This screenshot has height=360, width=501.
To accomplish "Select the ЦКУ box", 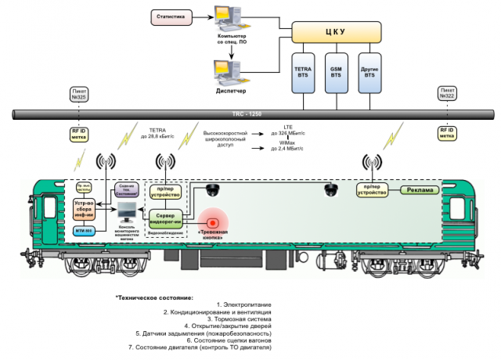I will coord(338,32).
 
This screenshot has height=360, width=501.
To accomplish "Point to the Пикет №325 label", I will coord(79,94).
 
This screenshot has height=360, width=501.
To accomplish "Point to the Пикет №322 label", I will coord(447,94).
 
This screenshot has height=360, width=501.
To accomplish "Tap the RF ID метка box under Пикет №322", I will coord(447,133).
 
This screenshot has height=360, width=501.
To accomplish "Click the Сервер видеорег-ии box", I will coord(167,217).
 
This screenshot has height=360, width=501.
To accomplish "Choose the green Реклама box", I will coord(420,190).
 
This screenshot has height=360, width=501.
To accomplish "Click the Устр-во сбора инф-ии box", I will coord(84,210).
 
